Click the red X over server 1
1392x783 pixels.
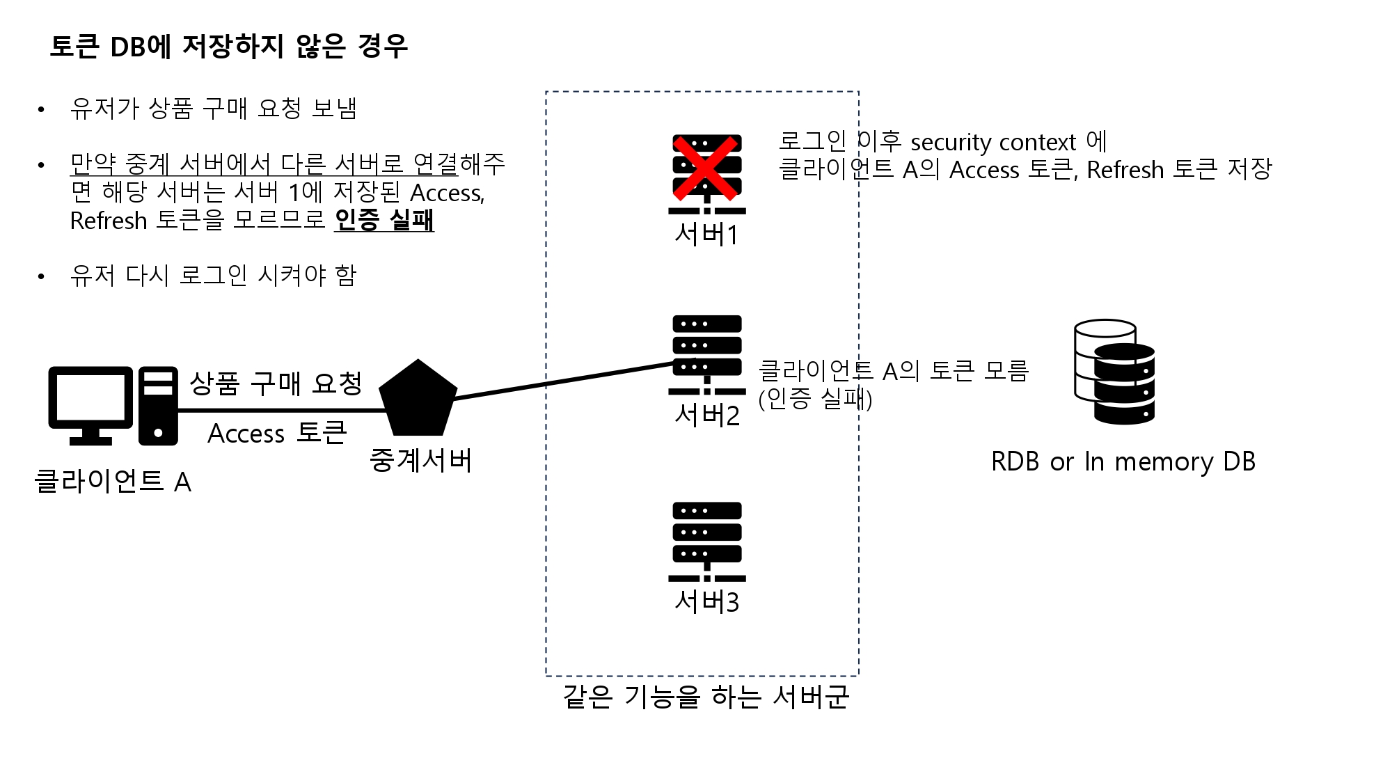[x=705, y=167]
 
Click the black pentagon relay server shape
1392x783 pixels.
[x=418, y=400]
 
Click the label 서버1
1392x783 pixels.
[x=706, y=235]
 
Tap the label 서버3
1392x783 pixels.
[x=706, y=602]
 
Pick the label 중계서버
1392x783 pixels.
[x=420, y=460]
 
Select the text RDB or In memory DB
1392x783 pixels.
[x=1123, y=461]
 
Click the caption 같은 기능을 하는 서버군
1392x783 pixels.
[x=706, y=697]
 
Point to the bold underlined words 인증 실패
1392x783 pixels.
[x=384, y=220]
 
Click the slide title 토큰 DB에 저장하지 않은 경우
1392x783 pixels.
[x=228, y=47]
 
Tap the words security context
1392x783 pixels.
[x=993, y=142]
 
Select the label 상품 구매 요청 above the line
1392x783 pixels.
[x=276, y=383]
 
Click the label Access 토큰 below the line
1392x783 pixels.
[x=277, y=433]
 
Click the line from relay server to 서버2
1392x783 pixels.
[x=564, y=380]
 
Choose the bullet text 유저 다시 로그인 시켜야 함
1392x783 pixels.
[x=213, y=276]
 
